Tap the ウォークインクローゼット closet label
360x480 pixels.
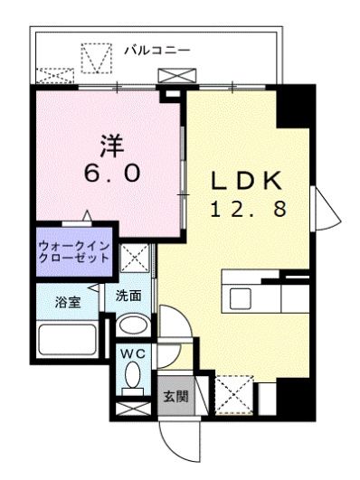74,250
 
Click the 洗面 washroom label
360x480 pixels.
128,294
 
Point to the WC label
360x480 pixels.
134,353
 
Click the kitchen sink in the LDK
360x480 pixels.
242,297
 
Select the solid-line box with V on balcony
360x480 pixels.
94,59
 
